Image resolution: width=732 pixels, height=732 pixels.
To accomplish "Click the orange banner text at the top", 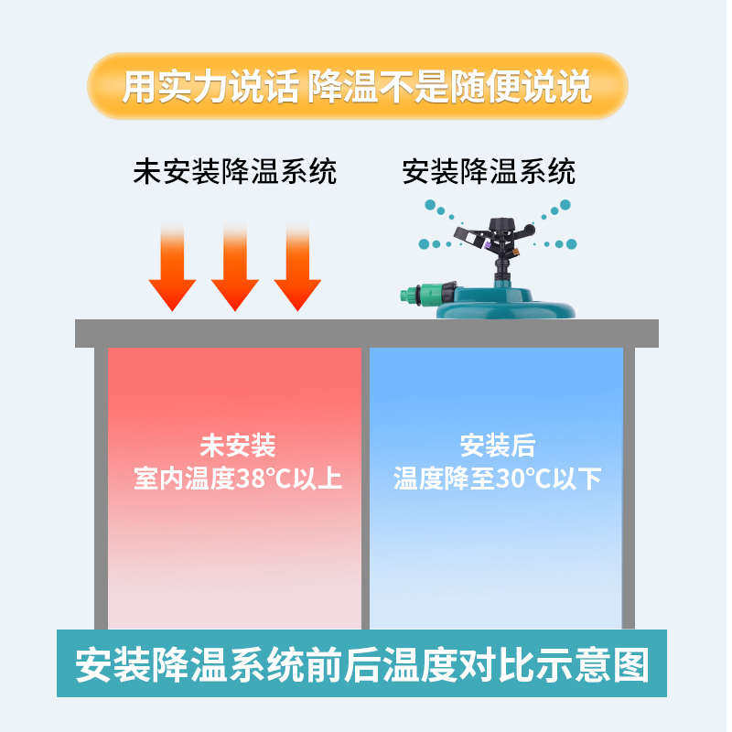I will click(x=357, y=87).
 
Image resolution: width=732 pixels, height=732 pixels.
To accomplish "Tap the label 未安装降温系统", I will click(x=235, y=171).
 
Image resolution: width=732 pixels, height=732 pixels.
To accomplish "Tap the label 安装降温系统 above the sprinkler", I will click(x=489, y=171).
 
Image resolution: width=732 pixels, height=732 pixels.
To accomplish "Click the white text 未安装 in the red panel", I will click(x=237, y=447).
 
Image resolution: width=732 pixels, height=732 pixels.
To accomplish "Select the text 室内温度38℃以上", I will click(x=237, y=479).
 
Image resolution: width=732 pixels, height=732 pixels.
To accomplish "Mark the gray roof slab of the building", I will click(x=366, y=333).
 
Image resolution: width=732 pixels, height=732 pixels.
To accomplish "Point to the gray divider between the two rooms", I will click(x=365, y=485).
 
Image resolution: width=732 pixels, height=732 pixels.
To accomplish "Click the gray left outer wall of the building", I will click(x=101, y=485).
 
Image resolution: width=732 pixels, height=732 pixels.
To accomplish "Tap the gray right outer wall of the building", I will click(x=629, y=485).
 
